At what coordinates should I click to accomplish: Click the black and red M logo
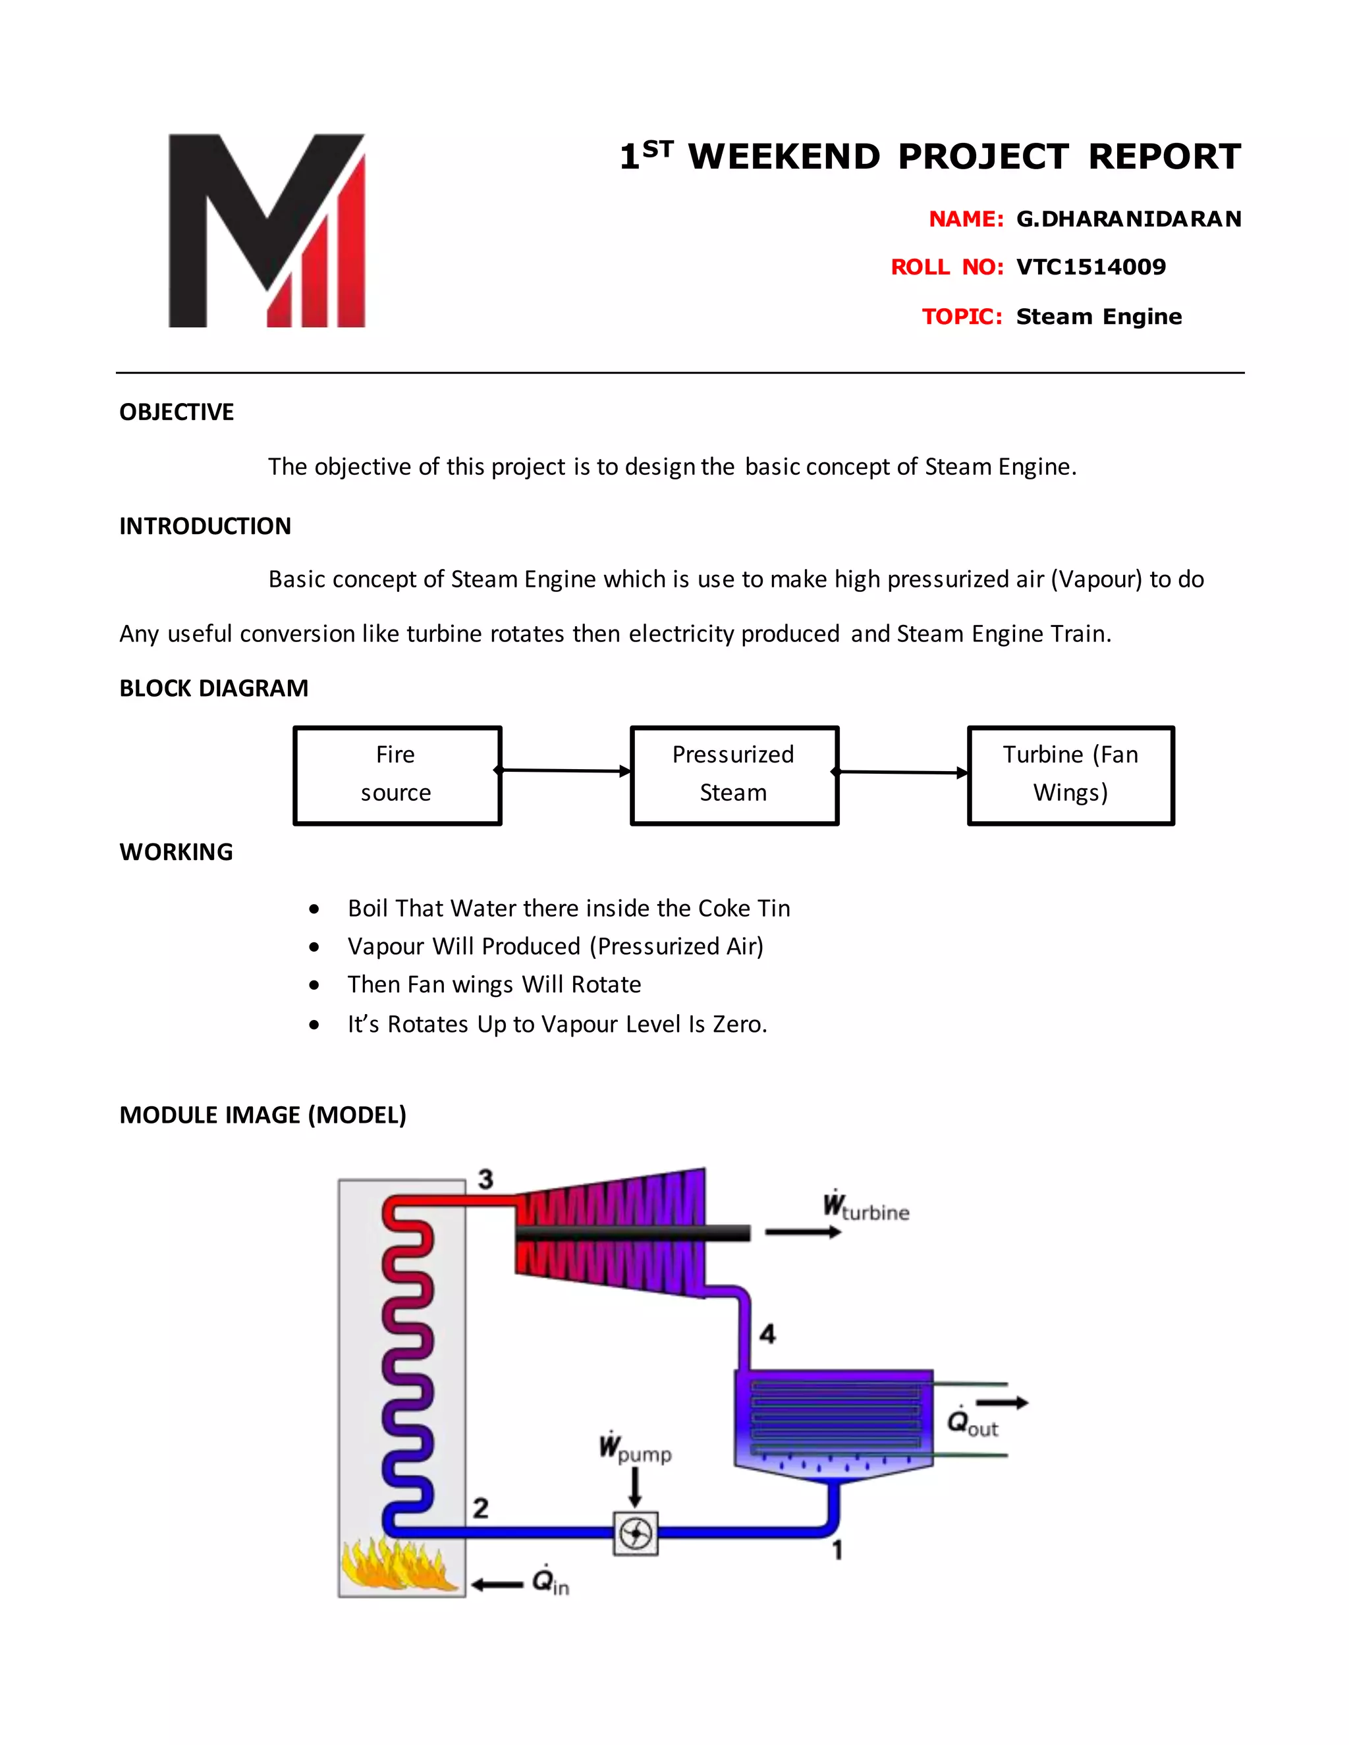(x=267, y=231)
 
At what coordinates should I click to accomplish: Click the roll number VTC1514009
(x=1090, y=267)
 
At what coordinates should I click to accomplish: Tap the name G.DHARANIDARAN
(x=1128, y=219)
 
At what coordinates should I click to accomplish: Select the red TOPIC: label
(x=962, y=316)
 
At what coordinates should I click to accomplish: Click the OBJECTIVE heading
(x=177, y=412)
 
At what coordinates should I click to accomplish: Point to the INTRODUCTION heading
(x=206, y=525)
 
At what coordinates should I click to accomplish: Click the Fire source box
(x=397, y=774)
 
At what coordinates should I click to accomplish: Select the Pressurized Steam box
(x=734, y=774)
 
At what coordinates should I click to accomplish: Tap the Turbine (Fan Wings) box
(x=1070, y=774)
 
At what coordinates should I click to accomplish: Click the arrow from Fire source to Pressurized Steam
(x=565, y=770)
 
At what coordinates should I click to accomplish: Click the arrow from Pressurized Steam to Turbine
(x=902, y=772)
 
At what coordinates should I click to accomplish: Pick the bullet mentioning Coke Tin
(x=568, y=909)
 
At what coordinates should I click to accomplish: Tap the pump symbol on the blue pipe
(x=636, y=1533)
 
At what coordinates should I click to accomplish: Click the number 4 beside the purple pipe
(x=767, y=1333)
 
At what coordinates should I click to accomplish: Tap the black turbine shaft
(x=631, y=1233)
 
